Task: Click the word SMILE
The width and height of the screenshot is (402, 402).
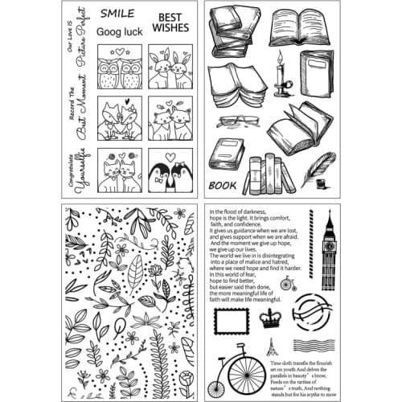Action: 117,14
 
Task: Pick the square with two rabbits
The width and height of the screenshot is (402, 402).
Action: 170,68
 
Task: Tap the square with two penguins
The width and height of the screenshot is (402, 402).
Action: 170,170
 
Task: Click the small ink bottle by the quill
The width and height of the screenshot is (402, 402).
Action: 320,183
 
